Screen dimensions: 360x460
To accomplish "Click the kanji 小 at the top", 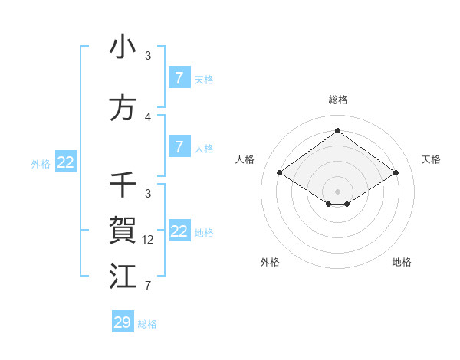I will (x=123, y=47).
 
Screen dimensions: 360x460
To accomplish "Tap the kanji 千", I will (x=123, y=185).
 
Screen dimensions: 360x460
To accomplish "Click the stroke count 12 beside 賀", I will (x=149, y=240).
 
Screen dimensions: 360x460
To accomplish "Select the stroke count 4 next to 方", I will (x=148, y=117).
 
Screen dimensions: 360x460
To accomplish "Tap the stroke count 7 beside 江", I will (x=148, y=286).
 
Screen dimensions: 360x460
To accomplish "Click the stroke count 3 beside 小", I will (x=148, y=56).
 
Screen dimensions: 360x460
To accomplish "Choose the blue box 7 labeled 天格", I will (x=179, y=78).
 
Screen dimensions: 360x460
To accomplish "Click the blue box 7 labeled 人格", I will (x=179, y=147).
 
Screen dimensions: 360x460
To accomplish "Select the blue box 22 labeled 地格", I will (x=179, y=231).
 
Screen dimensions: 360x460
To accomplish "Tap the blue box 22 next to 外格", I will (x=65, y=162).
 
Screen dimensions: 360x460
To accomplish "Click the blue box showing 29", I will (x=123, y=322).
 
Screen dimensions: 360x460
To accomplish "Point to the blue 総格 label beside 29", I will (x=148, y=324).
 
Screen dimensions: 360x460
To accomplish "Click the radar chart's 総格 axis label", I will (x=338, y=100).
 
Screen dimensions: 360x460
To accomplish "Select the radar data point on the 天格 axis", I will (x=396, y=173).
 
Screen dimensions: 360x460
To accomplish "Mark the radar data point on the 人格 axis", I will (x=280, y=173).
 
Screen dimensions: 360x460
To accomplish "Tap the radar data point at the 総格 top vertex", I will (x=338, y=130).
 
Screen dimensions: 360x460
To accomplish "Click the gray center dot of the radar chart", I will (x=338, y=190).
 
